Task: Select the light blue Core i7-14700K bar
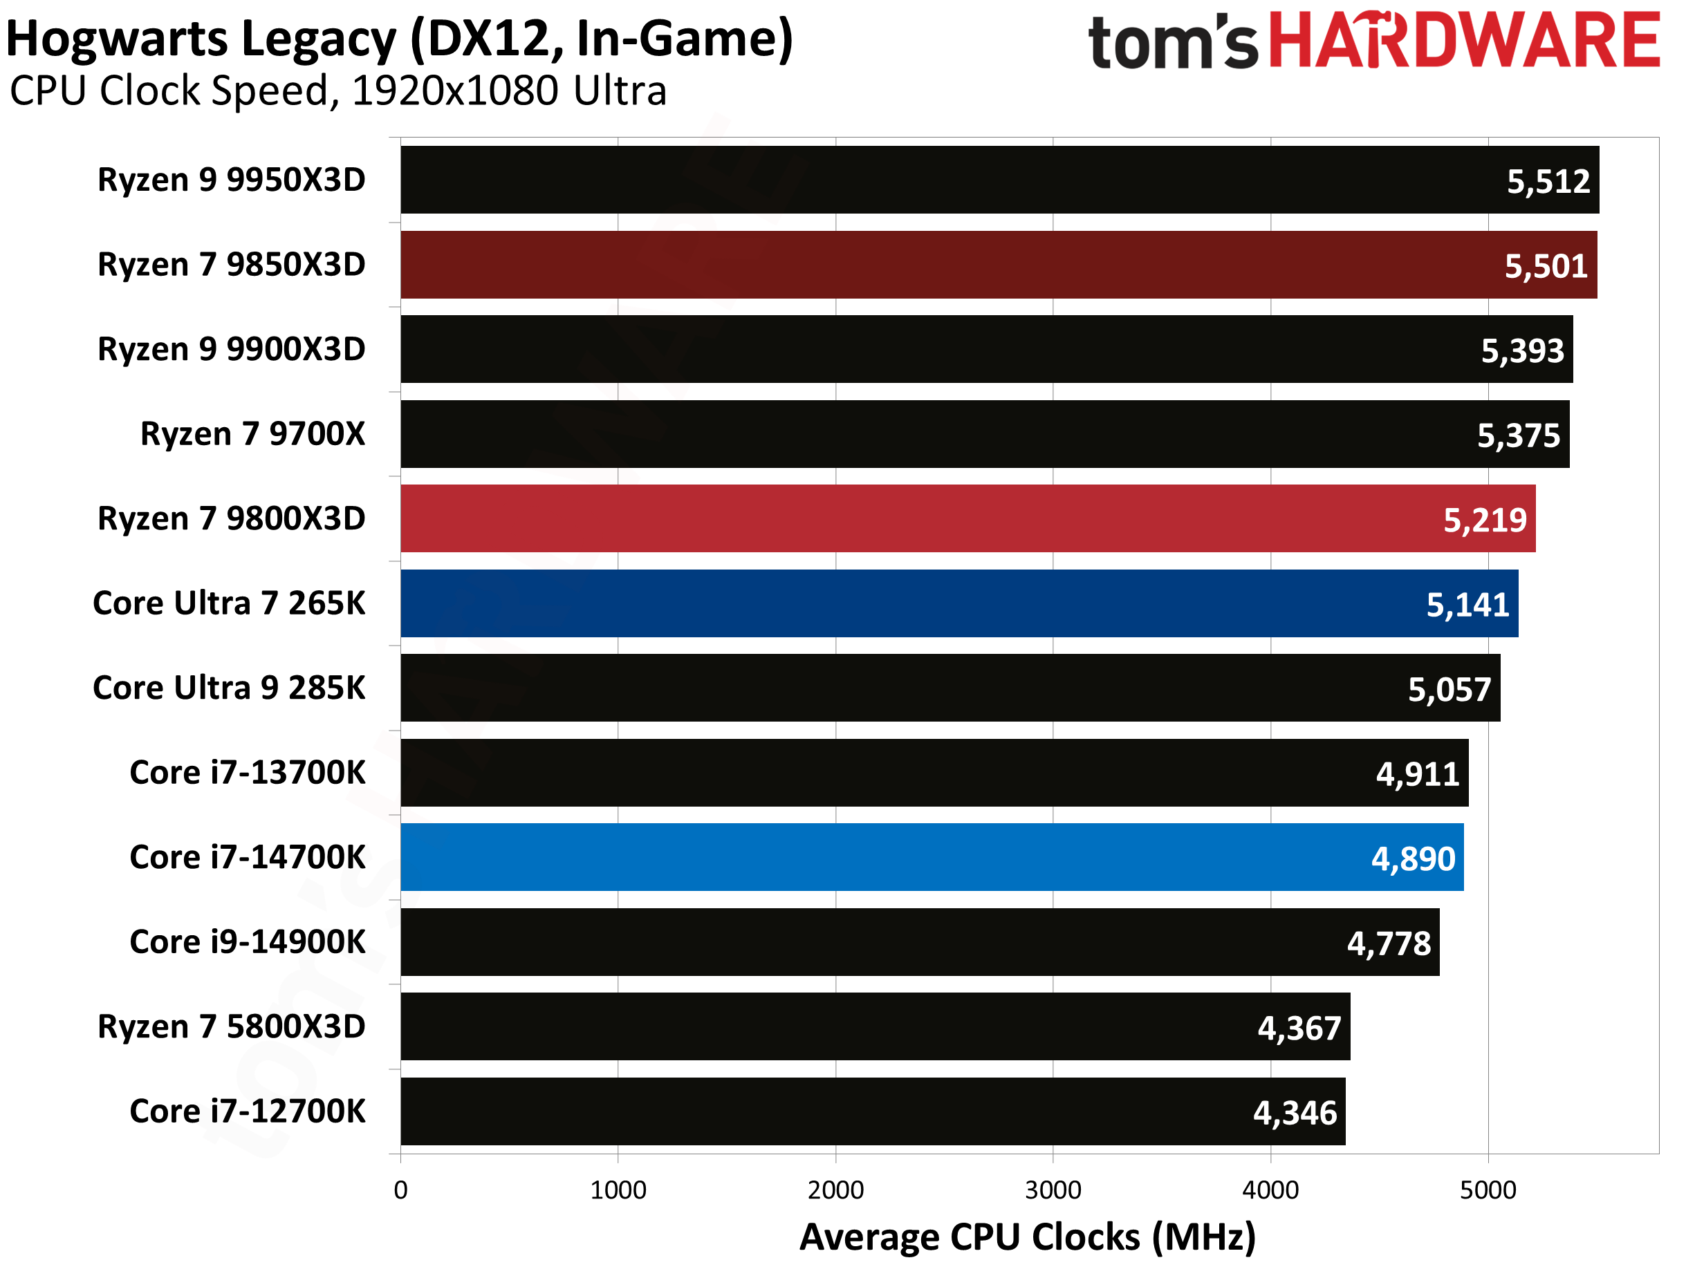coord(920,857)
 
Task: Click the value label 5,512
coord(1548,182)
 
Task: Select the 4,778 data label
coord(1389,943)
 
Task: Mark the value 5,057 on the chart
coord(1449,690)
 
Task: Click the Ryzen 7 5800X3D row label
coord(232,1026)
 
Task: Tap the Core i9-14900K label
coord(248,941)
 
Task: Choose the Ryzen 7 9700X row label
coord(253,434)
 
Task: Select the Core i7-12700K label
coord(248,1111)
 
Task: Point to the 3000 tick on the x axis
coord(1053,1190)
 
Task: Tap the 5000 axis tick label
coord(1488,1190)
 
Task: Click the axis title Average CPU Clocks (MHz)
coord(1027,1237)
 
